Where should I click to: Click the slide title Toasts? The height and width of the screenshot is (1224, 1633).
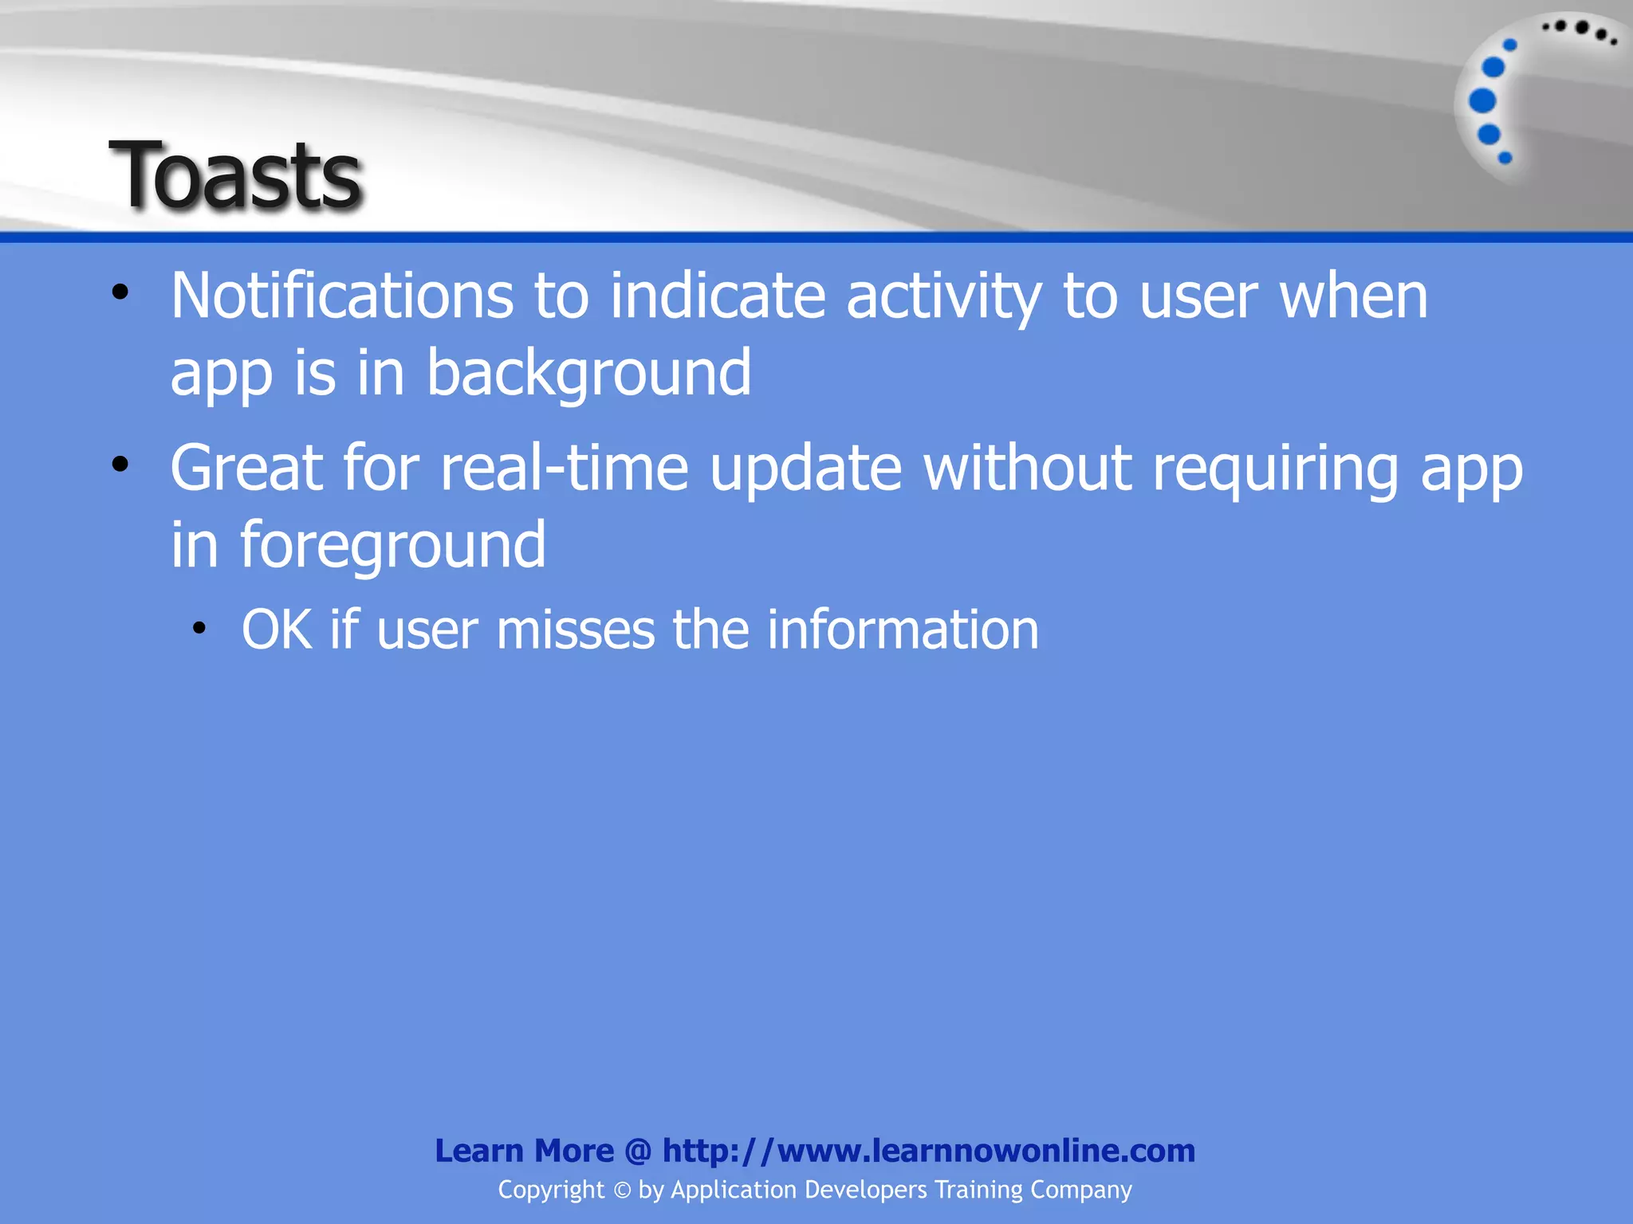click(x=236, y=175)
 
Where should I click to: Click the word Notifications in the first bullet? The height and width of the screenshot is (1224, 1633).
click(x=341, y=296)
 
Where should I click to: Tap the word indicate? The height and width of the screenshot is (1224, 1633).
click(x=717, y=296)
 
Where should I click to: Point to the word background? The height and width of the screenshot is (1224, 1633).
click(x=588, y=373)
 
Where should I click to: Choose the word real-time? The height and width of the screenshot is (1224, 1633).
click(x=564, y=469)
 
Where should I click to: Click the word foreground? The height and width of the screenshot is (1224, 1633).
click(x=393, y=546)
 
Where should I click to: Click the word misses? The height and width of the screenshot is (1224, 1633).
click(x=575, y=630)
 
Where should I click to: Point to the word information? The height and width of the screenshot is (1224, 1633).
click(x=903, y=630)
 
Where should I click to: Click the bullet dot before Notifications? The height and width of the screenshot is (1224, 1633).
click(x=120, y=292)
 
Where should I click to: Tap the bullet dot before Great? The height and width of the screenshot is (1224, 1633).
click(x=120, y=465)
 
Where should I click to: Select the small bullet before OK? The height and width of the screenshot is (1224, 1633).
click(x=199, y=629)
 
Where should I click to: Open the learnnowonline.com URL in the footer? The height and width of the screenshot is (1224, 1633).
click(x=928, y=1151)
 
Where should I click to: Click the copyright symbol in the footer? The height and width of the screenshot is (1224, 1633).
click(x=621, y=1191)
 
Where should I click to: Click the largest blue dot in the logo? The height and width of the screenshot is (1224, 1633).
click(x=1482, y=101)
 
